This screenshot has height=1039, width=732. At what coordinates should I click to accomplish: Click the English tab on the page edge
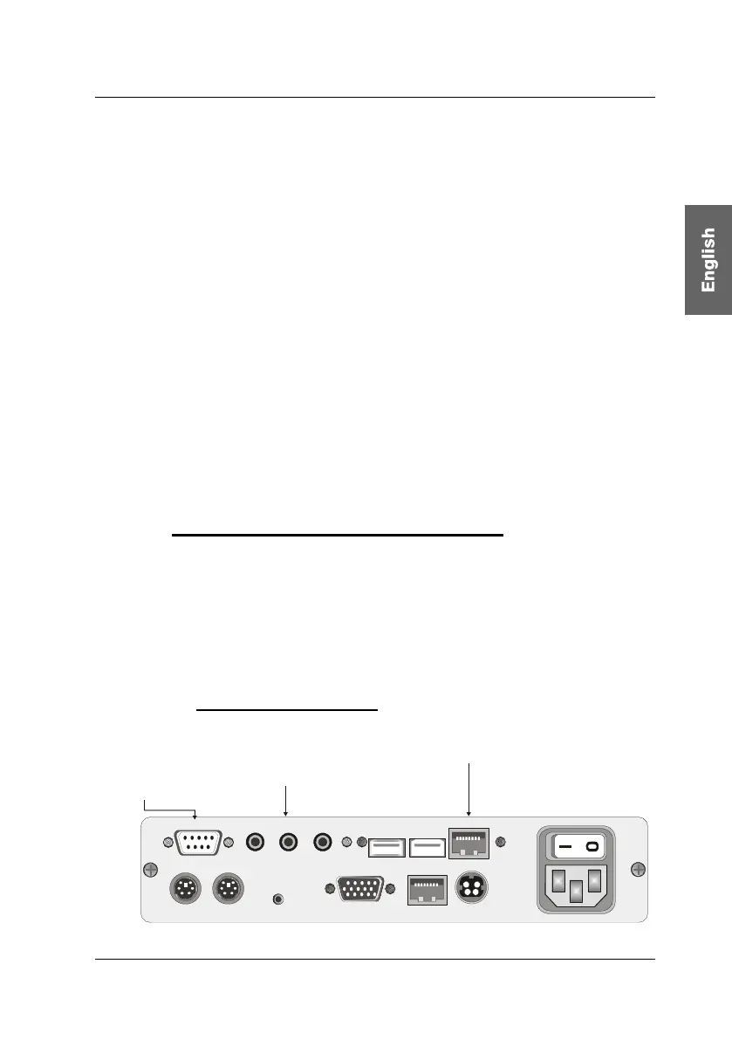708,259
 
